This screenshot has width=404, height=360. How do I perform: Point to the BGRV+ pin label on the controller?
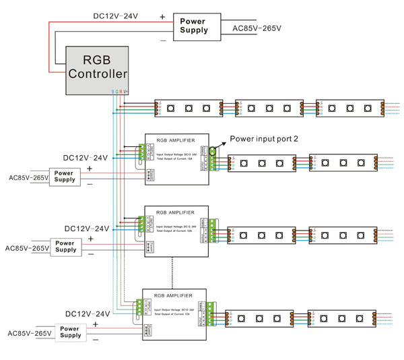coord(119,90)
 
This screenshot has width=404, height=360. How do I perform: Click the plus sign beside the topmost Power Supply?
coord(162,16)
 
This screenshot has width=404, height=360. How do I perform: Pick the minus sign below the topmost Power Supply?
coord(162,40)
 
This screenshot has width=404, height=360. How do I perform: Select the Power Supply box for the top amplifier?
coord(65,177)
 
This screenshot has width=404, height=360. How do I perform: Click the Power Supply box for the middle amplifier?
coord(65,247)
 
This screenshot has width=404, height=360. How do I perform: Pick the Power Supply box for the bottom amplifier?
coord(69,332)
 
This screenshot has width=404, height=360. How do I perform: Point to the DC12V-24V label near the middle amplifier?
coord(87,228)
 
